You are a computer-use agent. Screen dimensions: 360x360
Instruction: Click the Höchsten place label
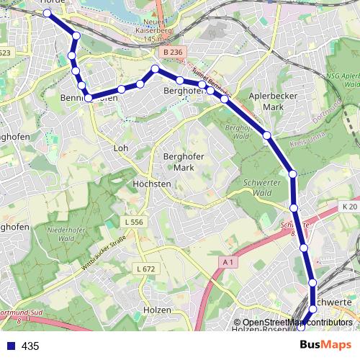[x=152, y=184]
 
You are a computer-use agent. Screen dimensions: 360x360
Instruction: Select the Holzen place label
[x=157, y=310]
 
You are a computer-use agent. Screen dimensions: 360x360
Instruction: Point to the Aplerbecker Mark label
[x=266, y=101]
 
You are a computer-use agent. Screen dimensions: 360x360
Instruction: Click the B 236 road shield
[x=174, y=53]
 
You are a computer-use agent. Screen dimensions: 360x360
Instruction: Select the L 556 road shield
[x=133, y=222]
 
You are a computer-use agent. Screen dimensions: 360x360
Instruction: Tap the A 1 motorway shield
[x=228, y=263]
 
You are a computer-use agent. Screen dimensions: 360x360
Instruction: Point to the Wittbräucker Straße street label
[x=108, y=254]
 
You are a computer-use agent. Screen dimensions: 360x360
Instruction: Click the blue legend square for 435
[x=10, y=346]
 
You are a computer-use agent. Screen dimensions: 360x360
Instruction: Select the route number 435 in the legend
[x=30, y=346]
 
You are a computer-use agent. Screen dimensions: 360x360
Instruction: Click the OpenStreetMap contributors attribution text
[x=297, y=323]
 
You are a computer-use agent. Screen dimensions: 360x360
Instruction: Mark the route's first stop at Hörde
[x=48, y=13]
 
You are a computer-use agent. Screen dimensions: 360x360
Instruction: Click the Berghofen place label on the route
[x=186, y=91]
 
